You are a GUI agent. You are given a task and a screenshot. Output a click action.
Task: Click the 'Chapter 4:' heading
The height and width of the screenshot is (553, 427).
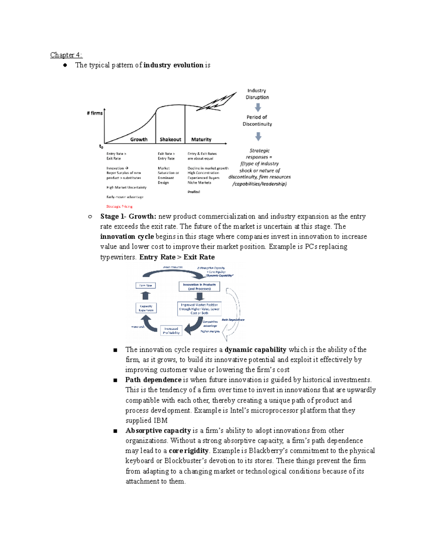click(x=66, y=55)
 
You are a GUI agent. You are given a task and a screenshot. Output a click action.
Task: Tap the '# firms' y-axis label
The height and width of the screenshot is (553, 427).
click(x=95, y=113)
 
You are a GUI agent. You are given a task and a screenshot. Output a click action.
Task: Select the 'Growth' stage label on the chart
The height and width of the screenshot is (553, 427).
click(x=139, y=140)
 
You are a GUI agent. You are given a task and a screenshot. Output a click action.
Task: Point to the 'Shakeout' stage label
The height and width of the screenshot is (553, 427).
click(x=170, y=140)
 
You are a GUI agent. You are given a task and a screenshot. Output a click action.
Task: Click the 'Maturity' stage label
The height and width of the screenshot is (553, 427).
click(x=201, y=140)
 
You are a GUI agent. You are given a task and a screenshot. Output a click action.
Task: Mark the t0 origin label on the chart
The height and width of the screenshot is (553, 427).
click(x=101, y=146)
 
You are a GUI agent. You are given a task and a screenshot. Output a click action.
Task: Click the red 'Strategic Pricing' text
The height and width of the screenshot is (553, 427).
click(x=119, y=207)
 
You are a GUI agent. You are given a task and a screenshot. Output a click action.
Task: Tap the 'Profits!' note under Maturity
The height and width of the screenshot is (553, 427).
click(x=194, y=192)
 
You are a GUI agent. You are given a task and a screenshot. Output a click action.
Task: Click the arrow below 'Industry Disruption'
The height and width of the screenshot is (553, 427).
click(x=258, y=107)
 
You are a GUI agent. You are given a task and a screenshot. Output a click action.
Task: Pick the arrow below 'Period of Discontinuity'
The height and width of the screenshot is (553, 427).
click(x=258, y=136)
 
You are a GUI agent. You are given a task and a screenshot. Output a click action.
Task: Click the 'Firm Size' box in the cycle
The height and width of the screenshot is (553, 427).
click(x=146, y=286)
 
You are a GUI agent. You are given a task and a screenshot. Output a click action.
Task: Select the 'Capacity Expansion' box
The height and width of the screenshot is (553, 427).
click(x=146, y=308)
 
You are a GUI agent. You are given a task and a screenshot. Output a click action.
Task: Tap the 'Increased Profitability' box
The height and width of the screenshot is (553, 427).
click(x=171, y=331)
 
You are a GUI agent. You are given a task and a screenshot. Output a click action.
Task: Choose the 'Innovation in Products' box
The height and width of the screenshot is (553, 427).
click(x=199, y=287)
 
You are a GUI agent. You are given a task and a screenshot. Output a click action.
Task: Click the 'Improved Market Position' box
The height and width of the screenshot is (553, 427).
click(x=199, y=309)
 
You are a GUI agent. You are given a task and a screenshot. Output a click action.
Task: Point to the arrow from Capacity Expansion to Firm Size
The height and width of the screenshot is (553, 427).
click(x=146, y=296)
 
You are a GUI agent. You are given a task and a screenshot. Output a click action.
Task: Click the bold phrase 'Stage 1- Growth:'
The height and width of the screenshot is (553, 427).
click(x=128, y=216)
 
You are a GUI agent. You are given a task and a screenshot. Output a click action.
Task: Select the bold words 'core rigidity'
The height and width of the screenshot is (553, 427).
click(x=189, y=451)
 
